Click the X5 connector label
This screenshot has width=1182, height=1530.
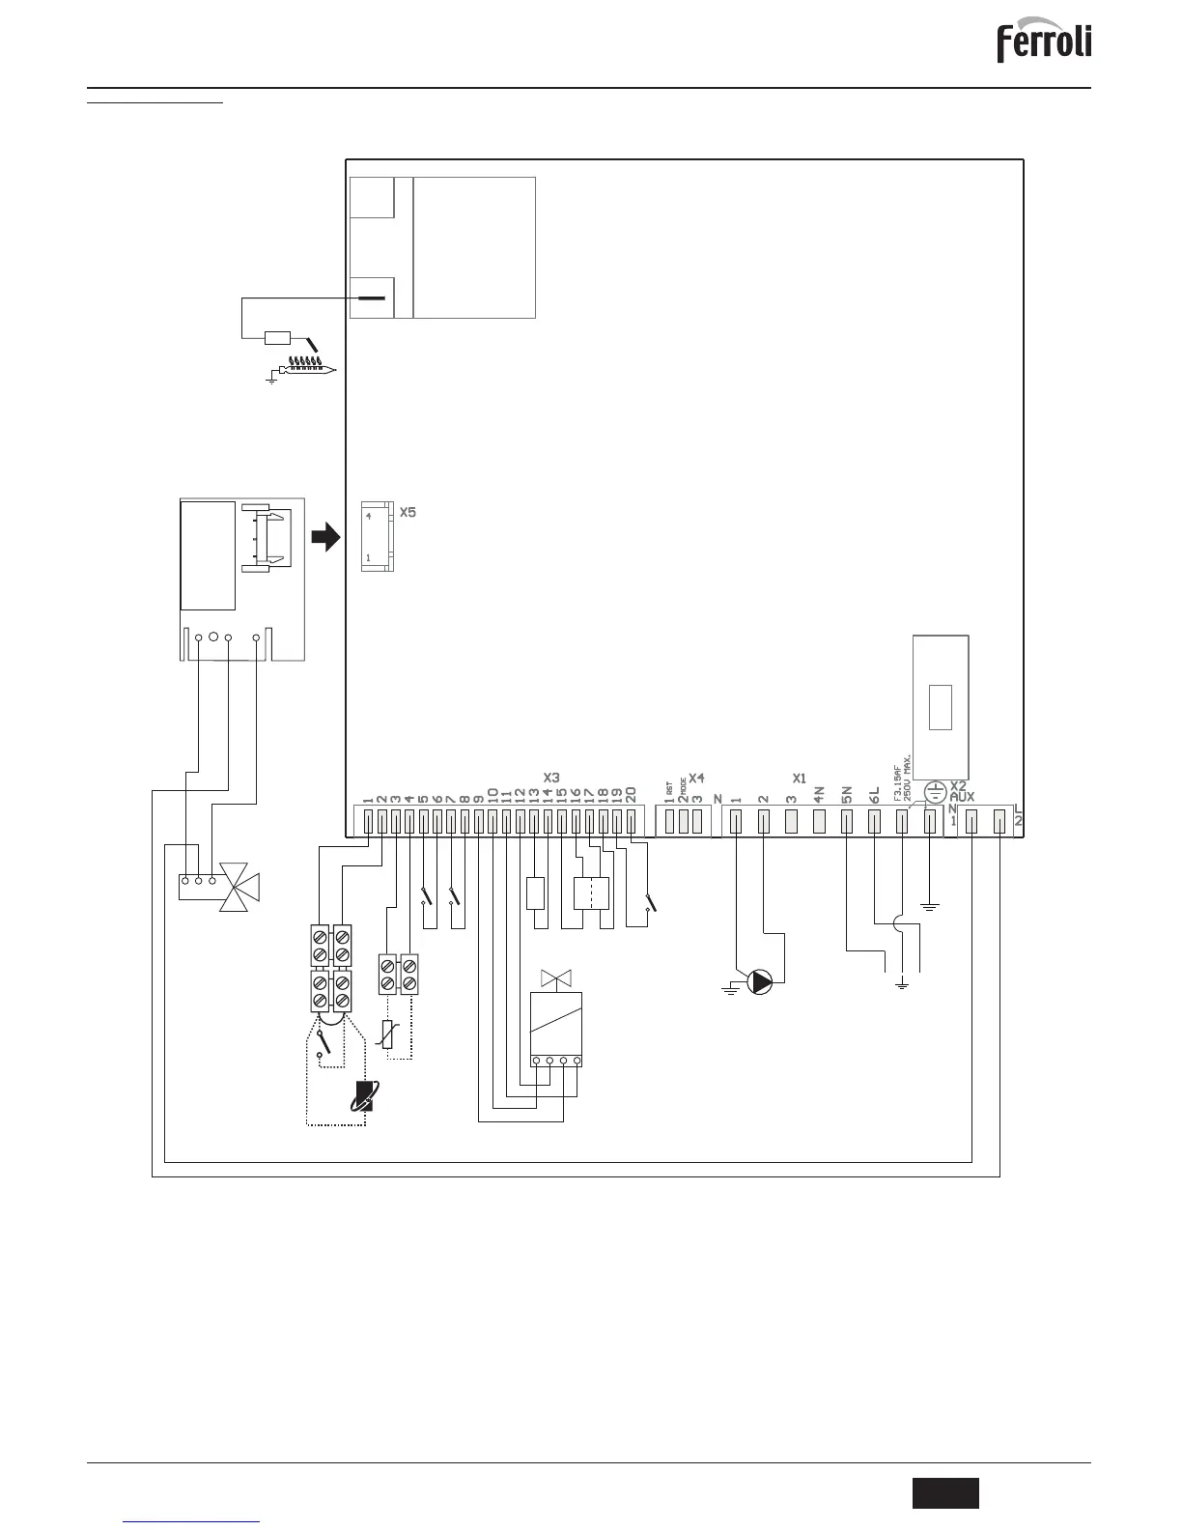pos(408,512)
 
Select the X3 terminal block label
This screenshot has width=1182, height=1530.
pos(551,777)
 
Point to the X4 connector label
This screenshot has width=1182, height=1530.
pos(696,777)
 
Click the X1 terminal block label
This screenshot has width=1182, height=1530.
pos(799,777)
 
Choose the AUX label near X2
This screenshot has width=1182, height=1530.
pos(963,797)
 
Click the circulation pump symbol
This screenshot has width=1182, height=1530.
pos(762,982)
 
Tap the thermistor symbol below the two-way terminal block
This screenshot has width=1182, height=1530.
pos(388,1034)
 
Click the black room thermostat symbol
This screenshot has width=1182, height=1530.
pos(364,1095)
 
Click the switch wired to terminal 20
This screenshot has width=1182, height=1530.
pos(650,904)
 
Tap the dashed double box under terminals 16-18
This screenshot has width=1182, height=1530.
pos(591,893)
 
